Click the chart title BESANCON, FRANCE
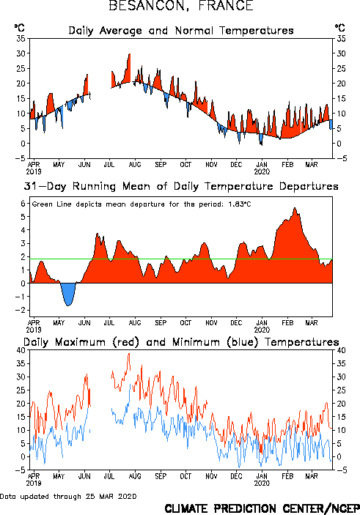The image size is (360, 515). click(x=181, y=6)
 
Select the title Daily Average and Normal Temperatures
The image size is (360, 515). click(x=181, y=31)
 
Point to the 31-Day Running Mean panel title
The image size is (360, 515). click(x=181, y=186)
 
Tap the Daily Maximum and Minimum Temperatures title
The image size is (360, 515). click(x=181, y=342)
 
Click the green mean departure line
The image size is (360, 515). click(x=181, y=259)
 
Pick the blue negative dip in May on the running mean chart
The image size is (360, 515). click(x=68, y=294)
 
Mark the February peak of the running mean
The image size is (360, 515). click(x=295, y=208)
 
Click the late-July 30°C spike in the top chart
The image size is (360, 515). click(x=130, y=54)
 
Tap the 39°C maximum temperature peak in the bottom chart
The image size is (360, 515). click(x=129, y=354)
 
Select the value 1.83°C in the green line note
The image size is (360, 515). click(x=240, y=204)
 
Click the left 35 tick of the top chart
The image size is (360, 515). click(x=21, y=38)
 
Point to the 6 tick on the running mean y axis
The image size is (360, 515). click(x=23, y=204)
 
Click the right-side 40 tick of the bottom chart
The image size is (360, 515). click(x=341, y=350)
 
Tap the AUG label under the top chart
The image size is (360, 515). click(x=135, y=165)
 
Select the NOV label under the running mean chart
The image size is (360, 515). click(x=211, y=323)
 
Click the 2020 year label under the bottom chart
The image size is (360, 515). click(x=262, y=483)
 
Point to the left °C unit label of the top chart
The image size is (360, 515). click(x=19, y=28)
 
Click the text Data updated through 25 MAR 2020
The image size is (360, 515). click(x=68, y=496)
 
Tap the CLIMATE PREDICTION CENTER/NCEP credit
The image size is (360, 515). click(x=262, y=508)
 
